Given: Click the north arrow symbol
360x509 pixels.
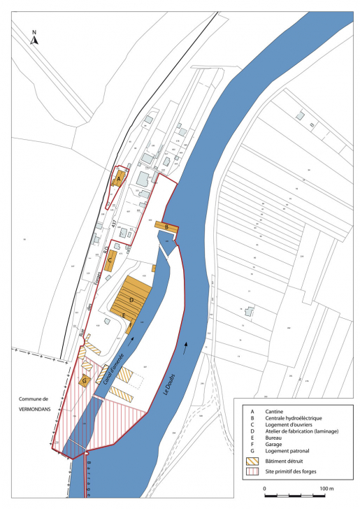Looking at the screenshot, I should (35, 39).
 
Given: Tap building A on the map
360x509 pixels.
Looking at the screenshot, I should (120, 179).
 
